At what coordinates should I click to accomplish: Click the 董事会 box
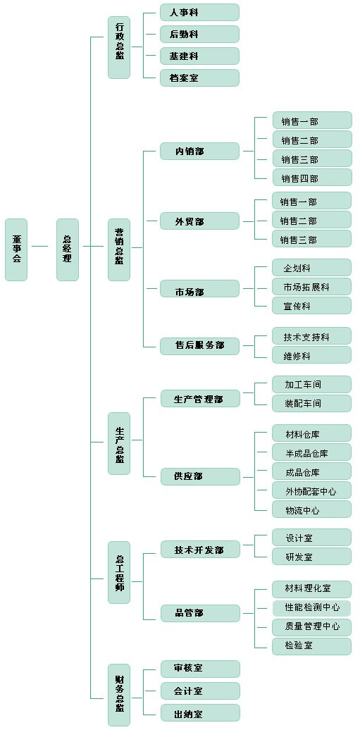[x=16, y=249]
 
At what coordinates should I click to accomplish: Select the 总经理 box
[x=68, y=249]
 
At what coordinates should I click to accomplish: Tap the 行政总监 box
[x=119, y=47]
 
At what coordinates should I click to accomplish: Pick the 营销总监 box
[x=119, y=249]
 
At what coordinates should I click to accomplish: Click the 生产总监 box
[x=119, y=443]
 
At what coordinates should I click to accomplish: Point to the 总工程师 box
[x=119, y=572]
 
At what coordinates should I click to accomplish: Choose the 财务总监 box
[x=119, y=695]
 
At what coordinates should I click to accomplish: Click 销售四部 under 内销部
[x=312, y=178]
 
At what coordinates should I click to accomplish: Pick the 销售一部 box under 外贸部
[x=312, y=201]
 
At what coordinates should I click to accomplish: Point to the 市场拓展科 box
[x=312, y=286]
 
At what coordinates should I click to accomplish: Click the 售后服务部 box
[x=200, y=345]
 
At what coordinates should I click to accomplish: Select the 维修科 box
[x=312, y=355]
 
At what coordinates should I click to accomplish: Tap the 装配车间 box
[x=312, y=403]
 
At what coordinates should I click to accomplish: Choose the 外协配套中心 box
[x=312, y=490]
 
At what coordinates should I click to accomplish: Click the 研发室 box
[x=312, y=556]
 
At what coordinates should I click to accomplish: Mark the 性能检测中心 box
[x=312, y=607]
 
